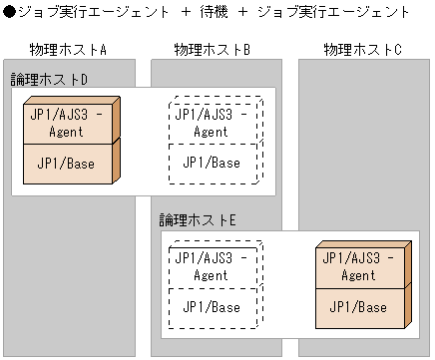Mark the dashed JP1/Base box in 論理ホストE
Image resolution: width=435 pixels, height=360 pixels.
(216, 306)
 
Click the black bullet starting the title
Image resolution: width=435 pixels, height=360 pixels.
(9, 13)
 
